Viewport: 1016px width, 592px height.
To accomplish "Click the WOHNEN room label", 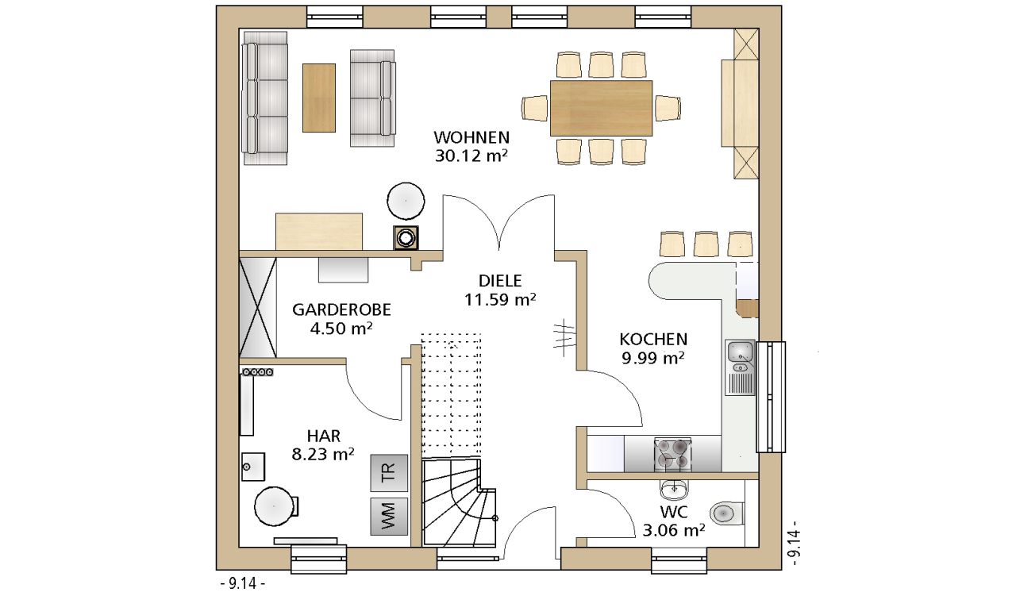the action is coord(471,137).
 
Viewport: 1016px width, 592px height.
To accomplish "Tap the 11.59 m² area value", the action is coord(500,300).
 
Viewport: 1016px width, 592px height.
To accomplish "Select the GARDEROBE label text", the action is coord(341,309).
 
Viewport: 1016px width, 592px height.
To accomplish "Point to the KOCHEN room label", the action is coord(653,339).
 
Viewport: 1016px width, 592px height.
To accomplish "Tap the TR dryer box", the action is coord(389,473).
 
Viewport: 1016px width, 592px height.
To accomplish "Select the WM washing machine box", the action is coord(389,517).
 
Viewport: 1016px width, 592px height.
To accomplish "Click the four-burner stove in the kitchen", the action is coord(673,454).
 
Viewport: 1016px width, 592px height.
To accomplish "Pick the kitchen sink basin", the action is coord(741,351).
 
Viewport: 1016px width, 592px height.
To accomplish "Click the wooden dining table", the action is coord(601,109).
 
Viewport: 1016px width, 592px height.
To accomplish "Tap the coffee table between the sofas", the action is coord(319,98).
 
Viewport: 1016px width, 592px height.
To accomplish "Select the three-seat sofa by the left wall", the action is coord(265,98).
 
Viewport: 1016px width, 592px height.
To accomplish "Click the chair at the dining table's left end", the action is coord(535,109).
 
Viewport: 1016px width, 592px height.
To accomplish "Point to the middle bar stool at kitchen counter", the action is coord(706,244).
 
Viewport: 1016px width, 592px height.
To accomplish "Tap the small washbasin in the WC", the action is coord(674,489).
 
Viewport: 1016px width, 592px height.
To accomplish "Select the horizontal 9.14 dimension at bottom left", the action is coord(243,583).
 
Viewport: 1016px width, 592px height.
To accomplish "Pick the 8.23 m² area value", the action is coord(322,454).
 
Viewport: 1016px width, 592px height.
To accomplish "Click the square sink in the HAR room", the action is coord(253,467).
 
